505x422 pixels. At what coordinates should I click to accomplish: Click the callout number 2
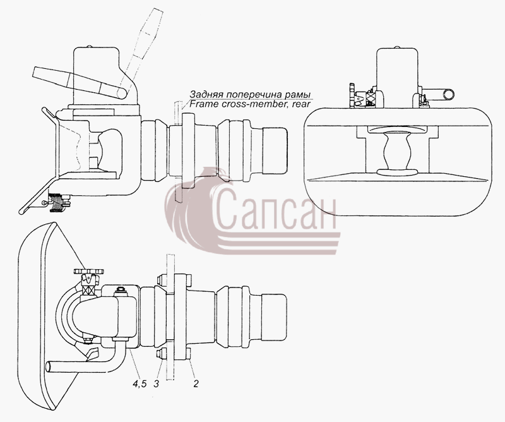pos(196,383)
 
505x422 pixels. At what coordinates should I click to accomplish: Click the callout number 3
pos(156,383)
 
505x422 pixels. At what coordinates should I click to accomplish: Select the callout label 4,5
pos(140,383)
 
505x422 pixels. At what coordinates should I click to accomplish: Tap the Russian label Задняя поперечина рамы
pos(249,95)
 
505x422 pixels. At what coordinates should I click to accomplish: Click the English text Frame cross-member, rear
pos(250,104)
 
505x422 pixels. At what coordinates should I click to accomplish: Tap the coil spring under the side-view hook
pos(57,202)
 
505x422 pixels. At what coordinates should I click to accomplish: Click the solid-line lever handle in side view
pos(81,83)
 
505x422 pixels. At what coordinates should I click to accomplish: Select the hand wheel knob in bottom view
pos(88,272)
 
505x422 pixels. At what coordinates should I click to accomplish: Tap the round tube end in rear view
pos(448,95)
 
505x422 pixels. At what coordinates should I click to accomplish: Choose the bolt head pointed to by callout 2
pos(189,354)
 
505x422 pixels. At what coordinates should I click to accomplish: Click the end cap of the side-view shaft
pos(275,149)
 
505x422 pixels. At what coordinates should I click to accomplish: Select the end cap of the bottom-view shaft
pos(274,316)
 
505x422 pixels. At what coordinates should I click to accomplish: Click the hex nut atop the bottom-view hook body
pos(121,290)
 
